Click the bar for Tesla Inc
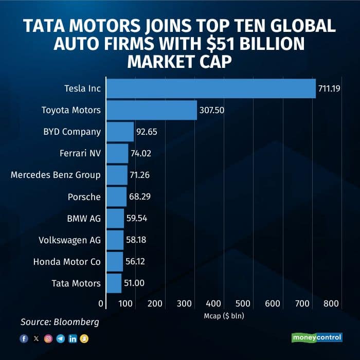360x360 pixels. click(x=211, y=88)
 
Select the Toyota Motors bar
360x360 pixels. click(x=152, y=110)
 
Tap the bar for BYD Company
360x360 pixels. click(x=120, y=132)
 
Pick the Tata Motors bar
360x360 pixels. click(x=114, y=283)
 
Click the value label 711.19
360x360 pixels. click(x=329, y=88)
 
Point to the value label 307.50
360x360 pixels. click(x=210, y=110)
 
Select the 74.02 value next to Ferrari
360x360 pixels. click(x=141, y=153)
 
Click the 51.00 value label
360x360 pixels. click(x=134, y=283)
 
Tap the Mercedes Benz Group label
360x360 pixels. click(x=56, y=175)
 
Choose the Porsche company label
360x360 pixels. click(x=84, y=196)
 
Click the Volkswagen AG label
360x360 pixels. click(x=70, y=240)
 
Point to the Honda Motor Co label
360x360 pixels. click(x=67, y=261)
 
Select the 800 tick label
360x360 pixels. click(x=331, y=304)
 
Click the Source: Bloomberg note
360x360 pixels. click(x=60, y=322)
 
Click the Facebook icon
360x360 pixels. click(x=24, y=338)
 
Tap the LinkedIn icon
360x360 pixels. click(x=72, y=338)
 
